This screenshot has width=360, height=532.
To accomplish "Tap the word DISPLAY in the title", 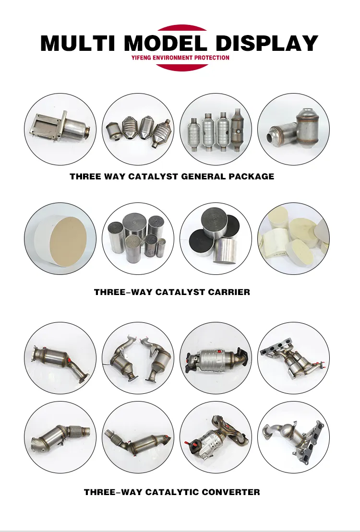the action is coord(267,43).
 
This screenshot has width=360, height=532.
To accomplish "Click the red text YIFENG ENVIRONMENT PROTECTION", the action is coord(180,58).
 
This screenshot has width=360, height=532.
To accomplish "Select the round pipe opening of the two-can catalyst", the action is coord(273,137).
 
